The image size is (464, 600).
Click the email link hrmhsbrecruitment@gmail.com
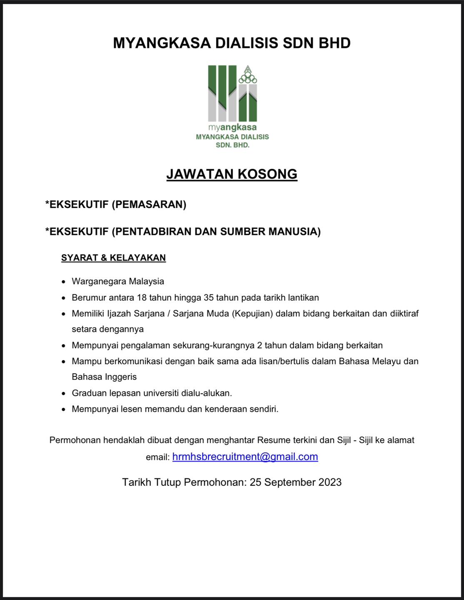click(245, 457)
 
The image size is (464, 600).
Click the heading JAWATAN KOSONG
click(232, 174)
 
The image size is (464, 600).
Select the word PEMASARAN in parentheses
click(149, 204)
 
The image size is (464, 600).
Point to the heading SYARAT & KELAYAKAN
click(113, 257)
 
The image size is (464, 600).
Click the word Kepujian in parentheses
click(252, 313)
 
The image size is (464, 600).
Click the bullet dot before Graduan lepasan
click(63, 393)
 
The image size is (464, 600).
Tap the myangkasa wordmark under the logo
click(232, 127)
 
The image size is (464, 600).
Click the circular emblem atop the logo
click(248, 75)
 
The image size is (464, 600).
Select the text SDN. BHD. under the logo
click(232, 145)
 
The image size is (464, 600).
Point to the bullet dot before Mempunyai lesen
click(63, 409)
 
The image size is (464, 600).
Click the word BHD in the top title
click(334, 43)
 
